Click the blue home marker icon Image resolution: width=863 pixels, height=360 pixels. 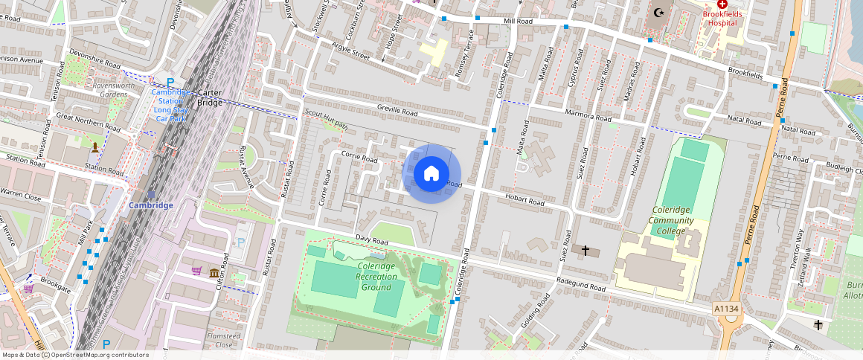point(431,174)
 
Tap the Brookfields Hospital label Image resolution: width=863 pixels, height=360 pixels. point(722,18)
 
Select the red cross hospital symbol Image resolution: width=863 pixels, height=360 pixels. point(722,4)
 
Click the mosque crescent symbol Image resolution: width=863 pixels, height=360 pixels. point(658,12)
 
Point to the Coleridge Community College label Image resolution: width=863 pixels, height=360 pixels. point(671,220)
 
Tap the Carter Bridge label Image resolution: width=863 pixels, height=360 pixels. point(211,97)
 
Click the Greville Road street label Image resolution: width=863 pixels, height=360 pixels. point(398,114)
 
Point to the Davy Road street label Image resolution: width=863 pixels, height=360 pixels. point(372,240)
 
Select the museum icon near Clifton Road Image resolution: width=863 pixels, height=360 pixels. point(214,272)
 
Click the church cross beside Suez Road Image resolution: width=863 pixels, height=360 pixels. point(585,251)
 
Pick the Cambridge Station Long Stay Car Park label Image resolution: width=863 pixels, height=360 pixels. point(170,105)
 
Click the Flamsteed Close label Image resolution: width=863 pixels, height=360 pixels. point(224,340)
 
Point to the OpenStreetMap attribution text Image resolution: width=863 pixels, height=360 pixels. point(75,355)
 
